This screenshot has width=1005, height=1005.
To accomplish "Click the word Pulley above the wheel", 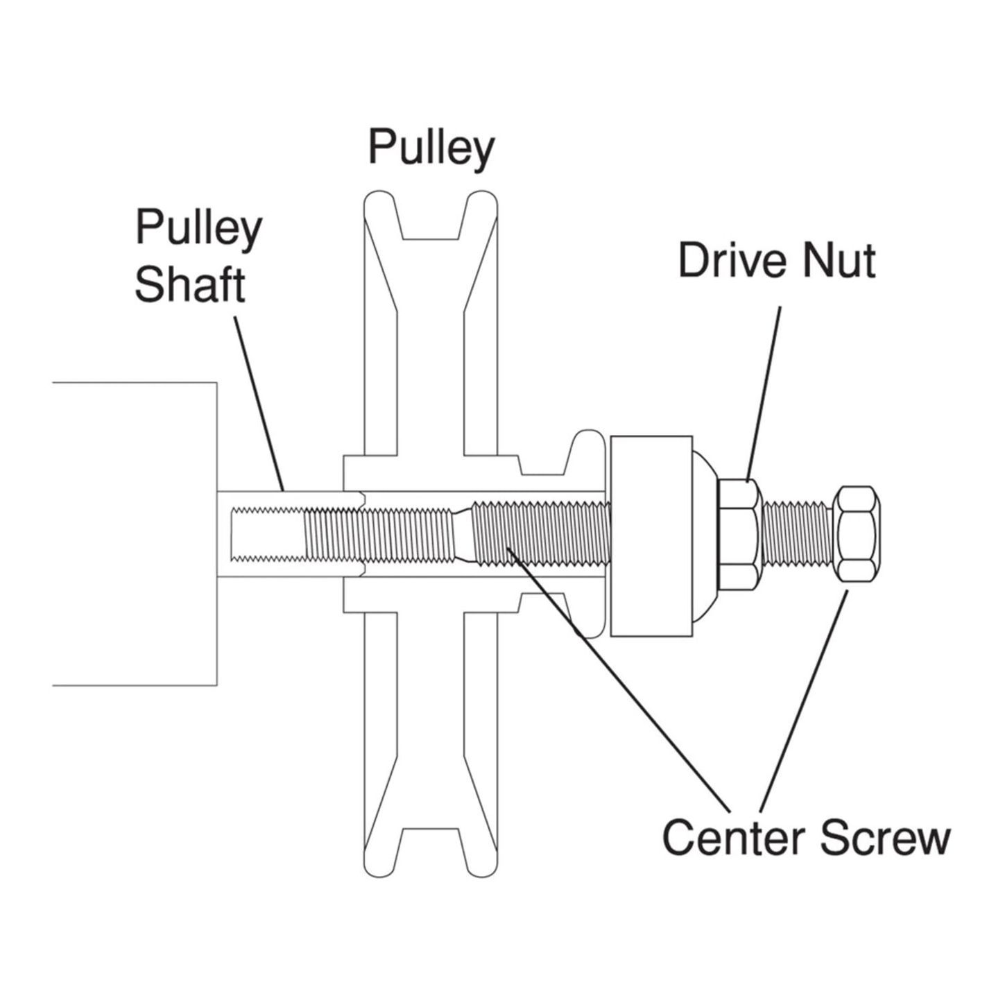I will (x=431, y=148).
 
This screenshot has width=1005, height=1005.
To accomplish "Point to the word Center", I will (x=736, y=837).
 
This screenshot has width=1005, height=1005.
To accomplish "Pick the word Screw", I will (x=886, y=837).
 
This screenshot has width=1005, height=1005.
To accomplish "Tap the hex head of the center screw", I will (x=857, y=533).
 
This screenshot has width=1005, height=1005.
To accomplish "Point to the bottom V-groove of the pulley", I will (x=430, y=850).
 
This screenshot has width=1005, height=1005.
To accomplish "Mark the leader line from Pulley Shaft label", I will (x=260, y=402).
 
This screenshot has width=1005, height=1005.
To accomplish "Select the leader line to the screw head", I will (x=805, y=701).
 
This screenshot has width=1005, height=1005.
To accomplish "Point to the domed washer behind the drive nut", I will (x=705, y=534).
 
